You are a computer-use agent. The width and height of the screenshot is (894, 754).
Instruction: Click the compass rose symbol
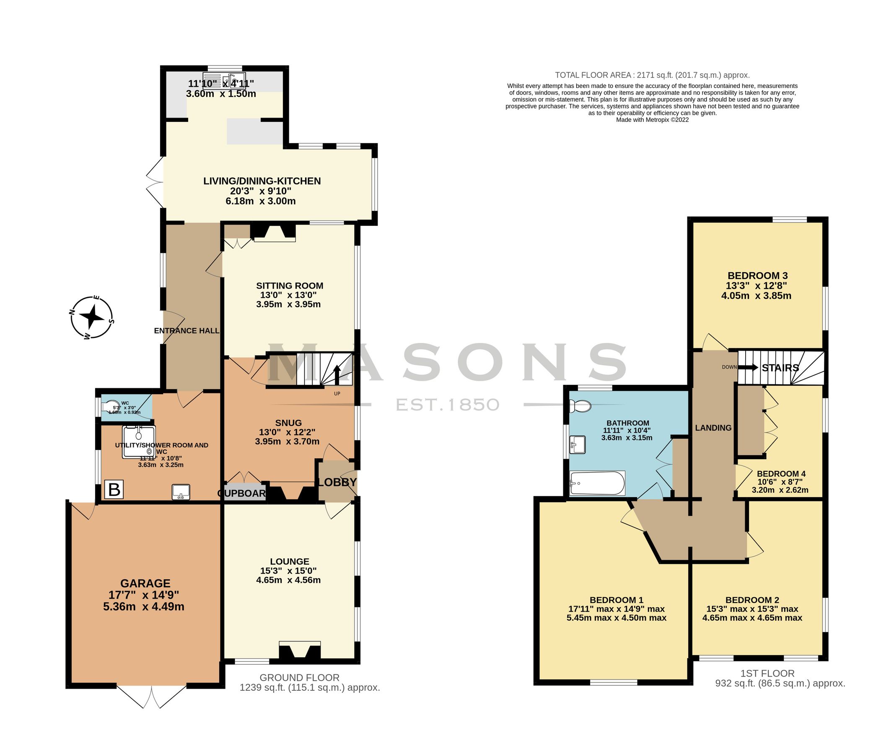[x=92, y=317]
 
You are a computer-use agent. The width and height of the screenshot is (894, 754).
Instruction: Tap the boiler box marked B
[x=114, y=489]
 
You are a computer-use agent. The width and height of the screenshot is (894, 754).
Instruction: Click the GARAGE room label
[x=145, y=583]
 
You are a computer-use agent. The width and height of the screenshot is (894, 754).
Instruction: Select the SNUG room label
[x=288, y=423]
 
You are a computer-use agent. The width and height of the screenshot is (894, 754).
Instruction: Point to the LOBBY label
[x=337, y=482]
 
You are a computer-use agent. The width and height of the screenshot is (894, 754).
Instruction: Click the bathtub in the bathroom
[x=598, y=483]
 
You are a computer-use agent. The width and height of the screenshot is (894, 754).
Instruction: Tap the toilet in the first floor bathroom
[x=580, y=405]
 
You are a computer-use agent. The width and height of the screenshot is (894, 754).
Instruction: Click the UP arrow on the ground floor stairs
[x=337, y=375]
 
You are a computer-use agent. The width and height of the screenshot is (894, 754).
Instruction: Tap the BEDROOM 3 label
[x=757, y=275]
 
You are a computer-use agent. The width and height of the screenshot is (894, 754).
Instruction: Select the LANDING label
[x=713, y=427]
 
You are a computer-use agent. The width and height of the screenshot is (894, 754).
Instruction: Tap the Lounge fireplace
[x=299, y=651]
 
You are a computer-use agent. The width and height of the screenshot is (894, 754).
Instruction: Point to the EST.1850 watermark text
[x=448, y=404]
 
